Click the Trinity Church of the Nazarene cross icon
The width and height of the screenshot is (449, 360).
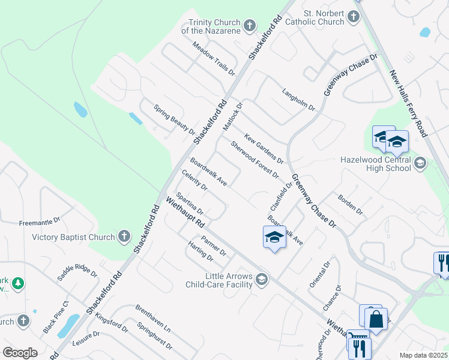[250, 26]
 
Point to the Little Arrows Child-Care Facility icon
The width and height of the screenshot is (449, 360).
[262, 279]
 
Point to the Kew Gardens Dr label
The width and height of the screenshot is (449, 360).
[264, 148]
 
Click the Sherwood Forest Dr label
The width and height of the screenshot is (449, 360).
[255, 160]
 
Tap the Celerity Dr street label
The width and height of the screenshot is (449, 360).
[194, 180]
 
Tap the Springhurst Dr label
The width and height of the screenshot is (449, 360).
[155, 337]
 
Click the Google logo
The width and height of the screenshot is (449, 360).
[20, 353]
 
